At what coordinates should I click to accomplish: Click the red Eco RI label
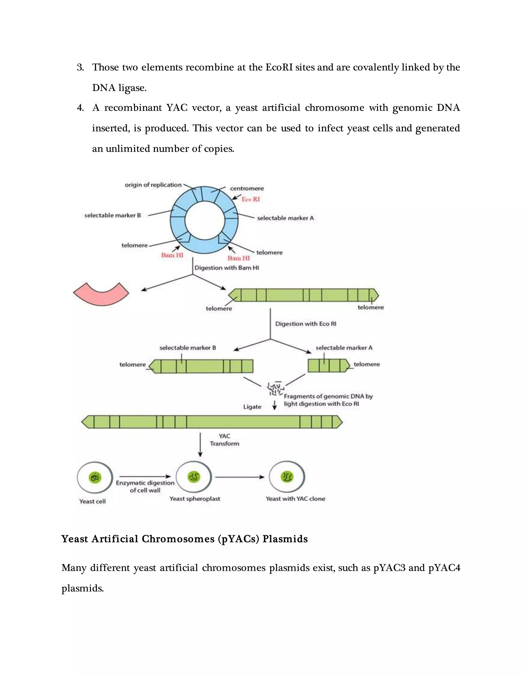click(251, 199)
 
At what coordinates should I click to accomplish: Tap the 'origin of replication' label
click(153, 185)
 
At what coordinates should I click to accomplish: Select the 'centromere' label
click(247, 189)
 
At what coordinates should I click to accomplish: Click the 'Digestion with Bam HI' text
click(227, 268)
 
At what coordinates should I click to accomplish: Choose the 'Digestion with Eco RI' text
click(306, 324)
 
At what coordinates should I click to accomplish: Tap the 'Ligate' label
click(252, 407)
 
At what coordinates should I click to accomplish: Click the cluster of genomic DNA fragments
click(275, 389)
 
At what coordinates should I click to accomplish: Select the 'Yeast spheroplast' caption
click(195, 499)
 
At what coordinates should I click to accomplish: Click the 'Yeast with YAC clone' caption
click(295, 499)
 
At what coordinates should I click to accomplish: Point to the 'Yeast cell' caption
click(92, 502)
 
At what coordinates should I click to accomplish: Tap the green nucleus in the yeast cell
click(95, 478)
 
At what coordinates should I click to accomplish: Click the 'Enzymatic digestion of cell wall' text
click(145, 486)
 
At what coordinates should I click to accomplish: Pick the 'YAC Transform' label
click(225, 440)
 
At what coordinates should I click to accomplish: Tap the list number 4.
click(80, 108)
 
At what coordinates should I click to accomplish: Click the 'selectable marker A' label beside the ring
click(285, 218)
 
